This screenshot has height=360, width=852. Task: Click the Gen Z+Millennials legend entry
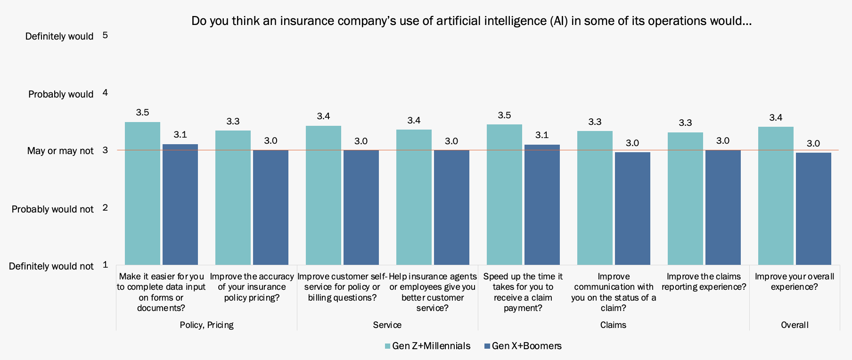427,346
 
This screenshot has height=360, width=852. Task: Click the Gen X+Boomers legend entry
523,346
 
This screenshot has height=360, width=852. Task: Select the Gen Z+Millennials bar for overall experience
776,196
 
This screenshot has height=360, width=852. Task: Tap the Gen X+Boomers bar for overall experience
813,208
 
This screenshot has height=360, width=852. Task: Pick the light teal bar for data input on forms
142,193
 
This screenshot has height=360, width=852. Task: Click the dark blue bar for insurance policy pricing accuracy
270,207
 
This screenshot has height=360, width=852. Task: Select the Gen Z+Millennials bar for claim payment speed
504,194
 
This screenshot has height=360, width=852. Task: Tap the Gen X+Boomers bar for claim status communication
632,208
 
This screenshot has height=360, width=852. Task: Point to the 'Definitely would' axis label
59,36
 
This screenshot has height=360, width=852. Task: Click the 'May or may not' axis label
60,151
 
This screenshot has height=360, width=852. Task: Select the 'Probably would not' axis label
53,209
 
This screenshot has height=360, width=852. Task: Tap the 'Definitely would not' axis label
51,266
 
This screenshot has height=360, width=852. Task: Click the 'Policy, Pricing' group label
206,325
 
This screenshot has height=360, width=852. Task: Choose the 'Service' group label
387,325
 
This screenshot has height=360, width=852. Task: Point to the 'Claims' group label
613,325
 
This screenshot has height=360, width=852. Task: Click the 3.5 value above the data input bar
142,112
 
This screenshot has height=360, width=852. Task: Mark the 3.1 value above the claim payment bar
542,135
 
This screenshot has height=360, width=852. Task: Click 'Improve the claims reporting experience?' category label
704,281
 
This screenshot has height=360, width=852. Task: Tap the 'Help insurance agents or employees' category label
432,292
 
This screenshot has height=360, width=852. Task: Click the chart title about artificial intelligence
471,21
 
